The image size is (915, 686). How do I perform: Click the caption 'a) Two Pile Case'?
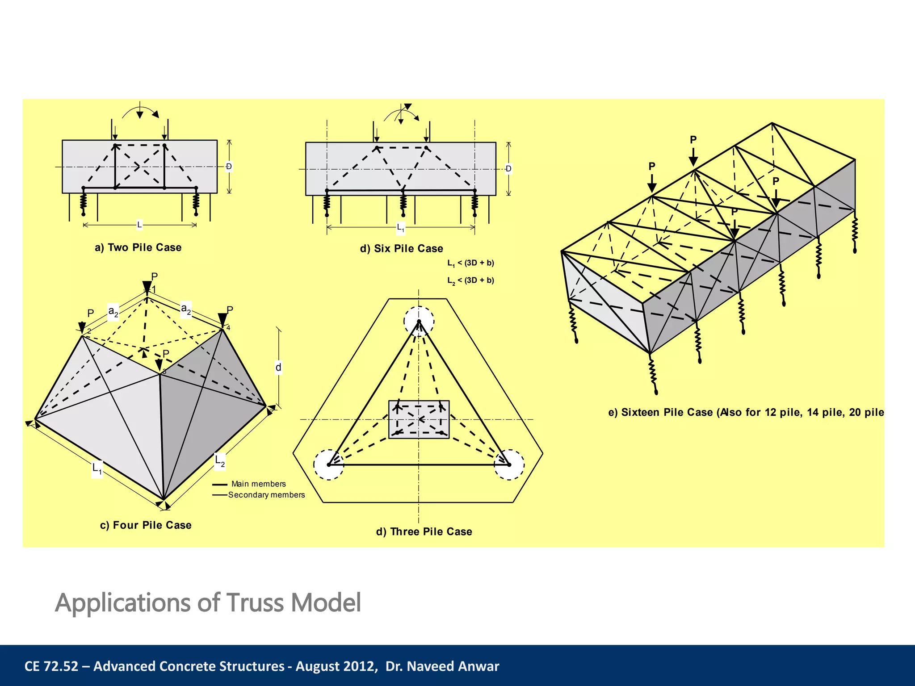(x=138, y=247)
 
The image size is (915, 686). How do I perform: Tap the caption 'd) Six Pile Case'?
(x=401, y=248)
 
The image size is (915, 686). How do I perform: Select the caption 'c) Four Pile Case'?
(x=146, y=525)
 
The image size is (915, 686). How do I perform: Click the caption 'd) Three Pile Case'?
(x=424, y=531)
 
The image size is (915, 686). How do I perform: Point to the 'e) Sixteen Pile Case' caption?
(x=746, y=412)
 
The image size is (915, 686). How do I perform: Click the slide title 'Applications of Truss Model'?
(x=208, y=602)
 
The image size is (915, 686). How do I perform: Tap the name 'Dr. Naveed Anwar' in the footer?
(x=442, y=666)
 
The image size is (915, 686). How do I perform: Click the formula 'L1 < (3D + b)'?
(x=470, y=263)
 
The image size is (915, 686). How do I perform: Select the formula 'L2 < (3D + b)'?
(x=470, y=280)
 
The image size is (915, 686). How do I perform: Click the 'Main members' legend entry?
(x=258, y=484)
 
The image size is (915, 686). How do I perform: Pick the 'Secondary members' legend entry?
(x=266, y=495)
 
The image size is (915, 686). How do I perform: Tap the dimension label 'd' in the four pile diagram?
(x=278, y=367)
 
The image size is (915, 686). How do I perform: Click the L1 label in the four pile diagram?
(x=97, y=468)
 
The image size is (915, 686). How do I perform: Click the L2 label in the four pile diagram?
(x=220, y=460)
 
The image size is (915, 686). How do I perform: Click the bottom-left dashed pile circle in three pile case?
(x=329, y=465)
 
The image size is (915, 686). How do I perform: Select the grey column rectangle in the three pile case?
(x=419, y=419)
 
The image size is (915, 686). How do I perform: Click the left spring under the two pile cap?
(x=84, y=202)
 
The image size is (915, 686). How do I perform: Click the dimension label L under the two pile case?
(x=139, y=225)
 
